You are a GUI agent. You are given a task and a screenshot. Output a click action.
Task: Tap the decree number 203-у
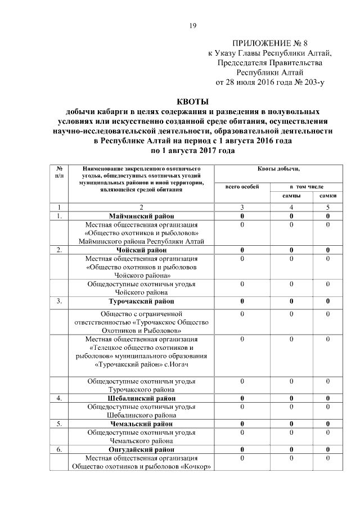[x=312, y=82]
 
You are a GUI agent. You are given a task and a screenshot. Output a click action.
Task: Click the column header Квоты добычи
[x=279, y=168]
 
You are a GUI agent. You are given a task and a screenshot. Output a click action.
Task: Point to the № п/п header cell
[x=58, y=172]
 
